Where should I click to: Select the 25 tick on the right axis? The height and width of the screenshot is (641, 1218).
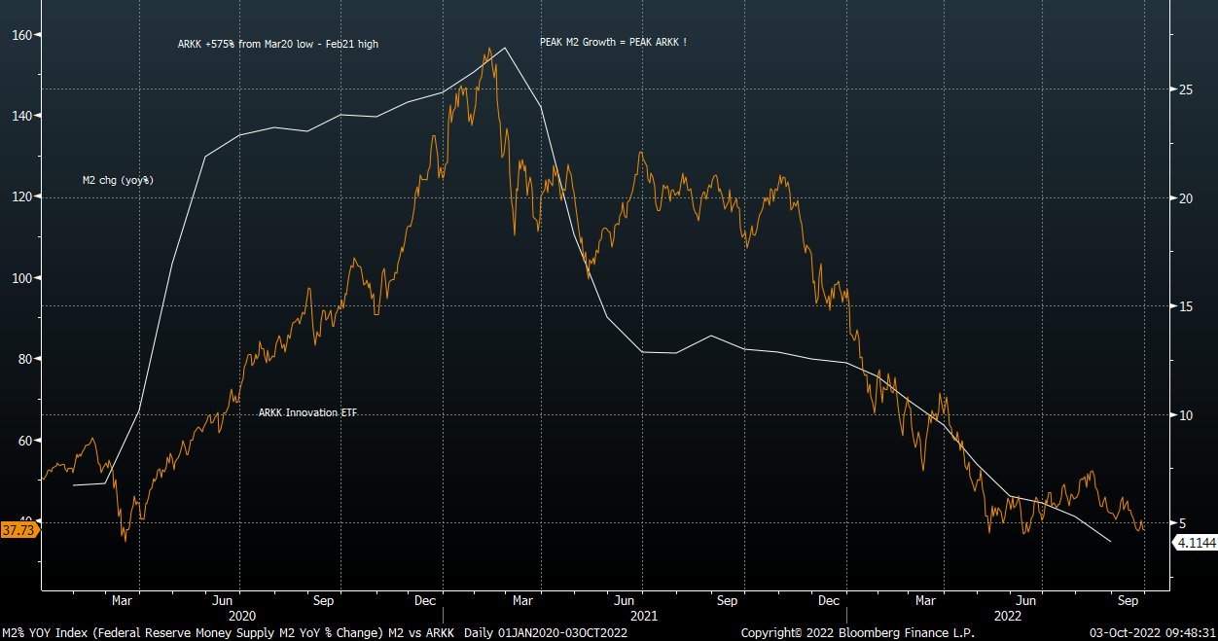[x=1186, y=89]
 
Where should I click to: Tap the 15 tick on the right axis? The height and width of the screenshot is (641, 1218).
[x=1186, y=306]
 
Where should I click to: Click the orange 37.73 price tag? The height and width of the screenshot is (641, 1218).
[x=19, y=530]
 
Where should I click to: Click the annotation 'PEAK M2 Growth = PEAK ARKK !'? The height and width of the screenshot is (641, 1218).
[x=613, y=43]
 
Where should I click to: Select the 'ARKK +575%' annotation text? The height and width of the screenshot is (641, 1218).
[x=277, y=45]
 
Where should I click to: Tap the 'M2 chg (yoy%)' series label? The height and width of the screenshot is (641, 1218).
[x=118, y=181]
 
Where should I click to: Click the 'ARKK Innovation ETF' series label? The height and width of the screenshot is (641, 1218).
[x=307, y=413]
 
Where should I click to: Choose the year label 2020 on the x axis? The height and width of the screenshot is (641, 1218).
[x=240, y=616]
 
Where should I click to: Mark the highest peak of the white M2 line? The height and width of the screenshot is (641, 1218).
[x=505, y=48]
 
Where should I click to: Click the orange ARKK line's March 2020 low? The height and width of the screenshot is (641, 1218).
[x=125, y=540]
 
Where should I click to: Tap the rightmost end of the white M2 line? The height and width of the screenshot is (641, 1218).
[x=1111, y=541]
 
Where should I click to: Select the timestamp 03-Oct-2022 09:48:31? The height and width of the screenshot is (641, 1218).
[x=1152, y=632]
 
